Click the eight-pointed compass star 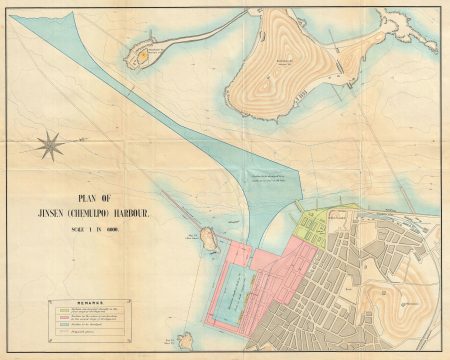tap(49, 148)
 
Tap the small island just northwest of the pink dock tap(208, 238)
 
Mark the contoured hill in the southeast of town tap(396, 300)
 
